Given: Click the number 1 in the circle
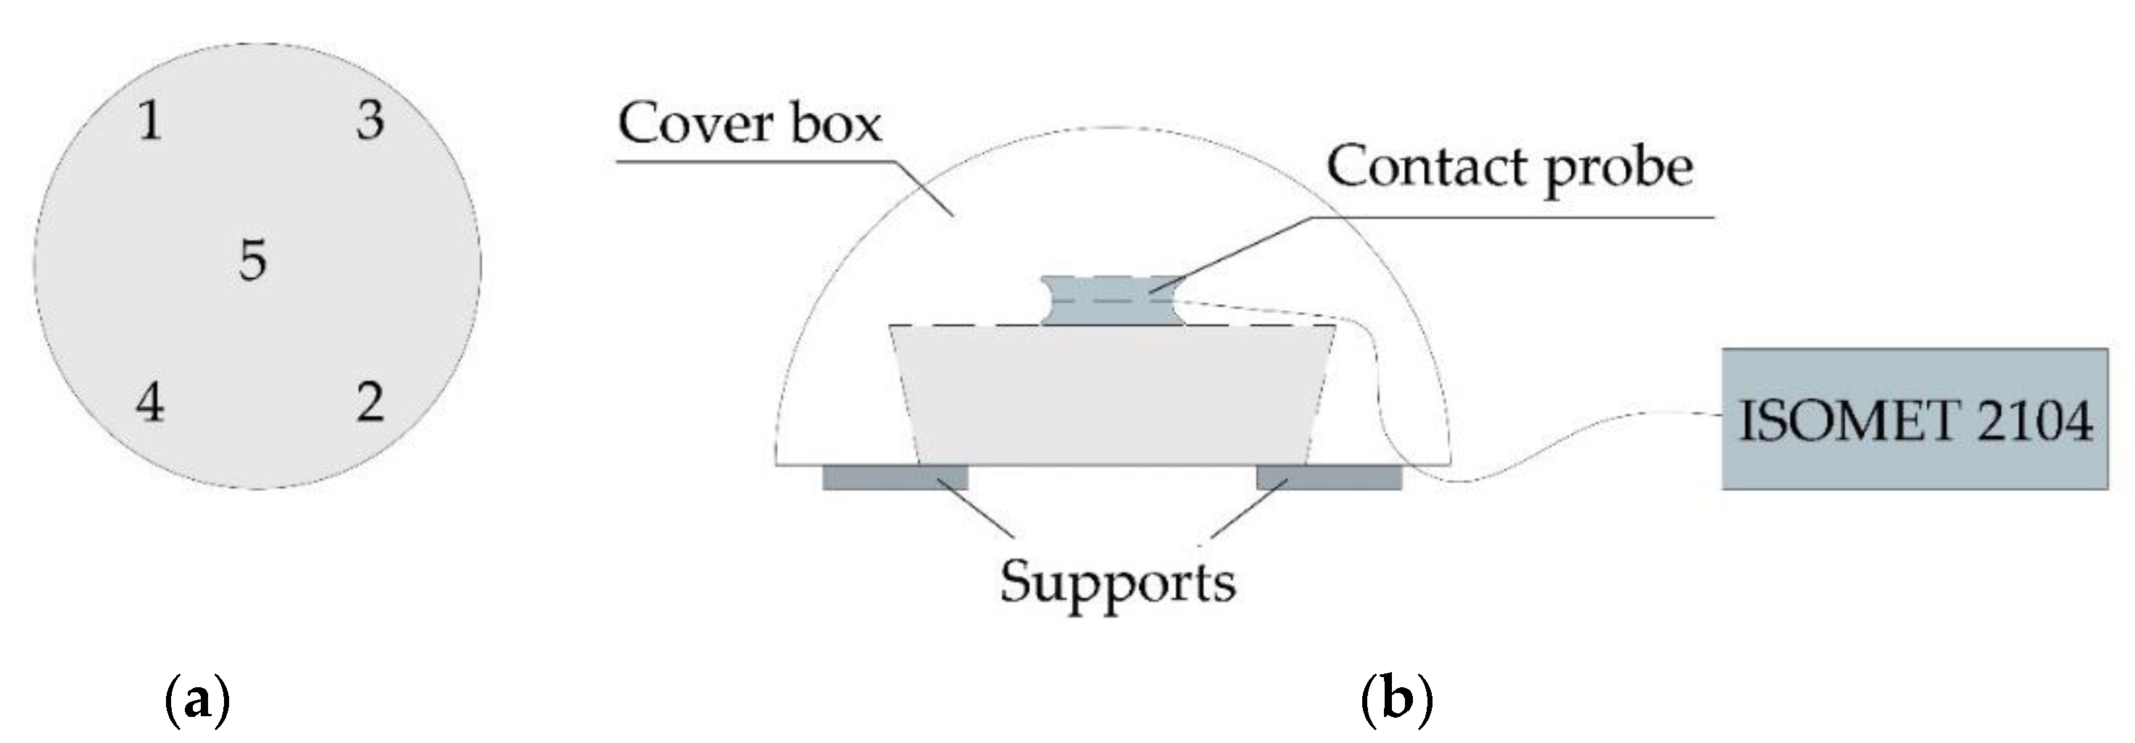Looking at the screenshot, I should tap(150, 121).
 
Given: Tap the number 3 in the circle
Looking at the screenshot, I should tap(370, 120).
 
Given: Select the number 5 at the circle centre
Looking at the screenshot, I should tap(253, 259).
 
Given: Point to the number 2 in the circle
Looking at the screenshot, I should tap(370, 403).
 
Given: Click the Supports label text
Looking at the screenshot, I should tap(1117, 582).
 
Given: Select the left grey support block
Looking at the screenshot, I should tap(895, 478).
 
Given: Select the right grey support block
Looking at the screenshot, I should tap(1329, 478).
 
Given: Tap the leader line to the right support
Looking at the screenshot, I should tap(1243, 512).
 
